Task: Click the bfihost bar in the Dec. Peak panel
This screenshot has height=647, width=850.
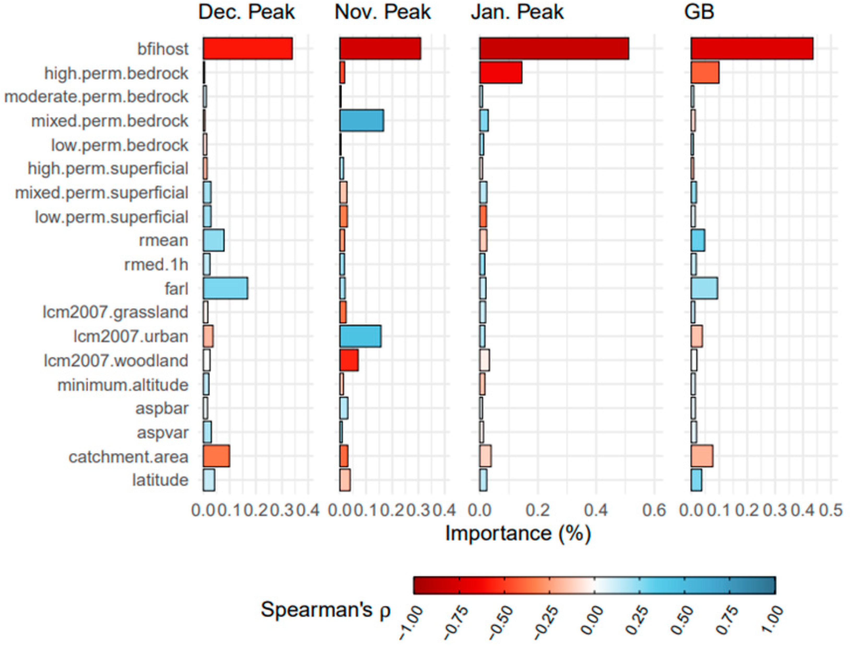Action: tap(248, 49)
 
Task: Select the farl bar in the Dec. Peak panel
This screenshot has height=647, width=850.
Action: tap(225, 288)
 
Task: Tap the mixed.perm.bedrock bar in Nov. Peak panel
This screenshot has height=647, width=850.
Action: tap(361, 121)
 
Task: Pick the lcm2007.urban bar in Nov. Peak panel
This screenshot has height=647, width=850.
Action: tap(360, 336)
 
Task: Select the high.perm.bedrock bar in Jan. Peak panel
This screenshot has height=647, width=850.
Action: tap(501, 72)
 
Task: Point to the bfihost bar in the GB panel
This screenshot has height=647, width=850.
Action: tap(752, 49)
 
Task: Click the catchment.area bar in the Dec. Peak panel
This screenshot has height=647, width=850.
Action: tap(216, 456)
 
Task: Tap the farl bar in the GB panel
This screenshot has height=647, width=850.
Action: tap(704, 288)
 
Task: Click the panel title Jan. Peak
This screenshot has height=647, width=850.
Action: tap(517, 12)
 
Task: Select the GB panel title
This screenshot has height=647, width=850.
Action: tap(699, 12)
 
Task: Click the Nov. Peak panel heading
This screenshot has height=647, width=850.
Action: tap(383, 12)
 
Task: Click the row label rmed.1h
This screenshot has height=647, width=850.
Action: tap(156, 265)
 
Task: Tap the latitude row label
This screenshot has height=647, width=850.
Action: tap(160, 480)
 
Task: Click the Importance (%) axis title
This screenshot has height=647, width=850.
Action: tap(518, 534)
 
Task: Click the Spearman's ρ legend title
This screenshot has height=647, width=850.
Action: tap(326, 610)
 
